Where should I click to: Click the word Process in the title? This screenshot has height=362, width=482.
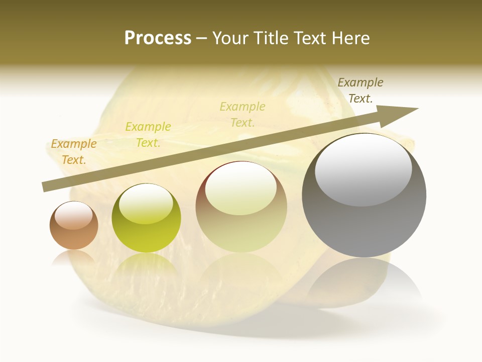158,38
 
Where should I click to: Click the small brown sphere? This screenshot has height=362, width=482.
74,225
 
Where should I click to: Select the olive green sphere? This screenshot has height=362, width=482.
146,218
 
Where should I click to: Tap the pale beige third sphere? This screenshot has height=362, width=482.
242,207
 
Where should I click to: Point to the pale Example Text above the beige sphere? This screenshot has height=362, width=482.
243,114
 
